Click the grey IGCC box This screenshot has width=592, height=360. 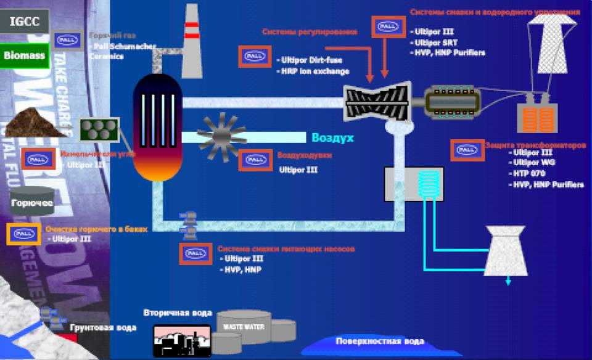click(25, 22)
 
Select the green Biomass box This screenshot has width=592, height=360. click(25, 55)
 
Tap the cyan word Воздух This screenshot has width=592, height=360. click(332, 137)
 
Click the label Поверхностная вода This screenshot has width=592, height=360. click(380, 341)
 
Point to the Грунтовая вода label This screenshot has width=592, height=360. click(103, 327)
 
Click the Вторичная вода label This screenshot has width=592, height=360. click(178, 313)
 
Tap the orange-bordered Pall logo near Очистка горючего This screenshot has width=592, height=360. click(24, 234)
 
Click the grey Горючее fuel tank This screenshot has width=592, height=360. click(32, 202)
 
